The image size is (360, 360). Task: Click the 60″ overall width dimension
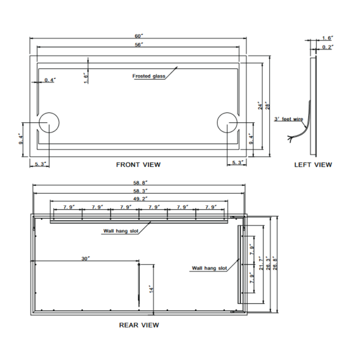[139, 36]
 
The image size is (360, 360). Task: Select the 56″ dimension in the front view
[139, 45]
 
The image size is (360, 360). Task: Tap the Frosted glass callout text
[149, 76]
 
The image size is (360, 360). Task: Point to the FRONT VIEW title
[138, 165]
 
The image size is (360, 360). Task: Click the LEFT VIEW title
[313, 165]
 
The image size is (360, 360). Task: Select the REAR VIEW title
[139, 325]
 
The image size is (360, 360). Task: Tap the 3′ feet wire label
[288, 119]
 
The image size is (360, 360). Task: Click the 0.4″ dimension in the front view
[50, 80]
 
